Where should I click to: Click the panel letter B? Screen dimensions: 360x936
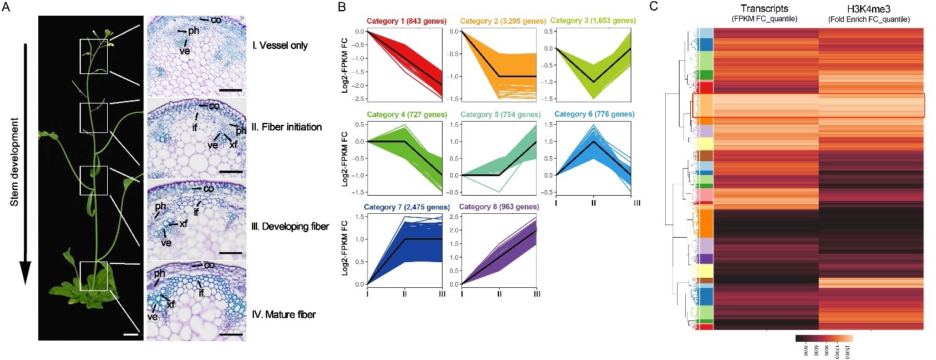[x=341, y=8]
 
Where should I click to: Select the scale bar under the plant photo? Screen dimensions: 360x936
[x=130, y=333]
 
